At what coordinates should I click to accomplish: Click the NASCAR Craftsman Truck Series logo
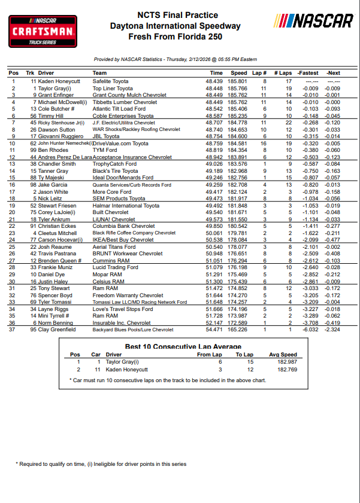tap(42, 31)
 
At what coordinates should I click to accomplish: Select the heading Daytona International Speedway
tap(176, 26)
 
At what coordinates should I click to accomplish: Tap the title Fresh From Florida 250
tap(176, 36)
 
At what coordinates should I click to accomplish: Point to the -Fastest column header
tap(308, 73)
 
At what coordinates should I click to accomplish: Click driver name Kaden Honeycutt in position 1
tap(59, 81)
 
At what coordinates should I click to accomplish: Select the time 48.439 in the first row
tap(214, 81)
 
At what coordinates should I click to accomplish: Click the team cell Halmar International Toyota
tap(126, 206)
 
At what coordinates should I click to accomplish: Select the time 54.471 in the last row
tap(214, 330)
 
